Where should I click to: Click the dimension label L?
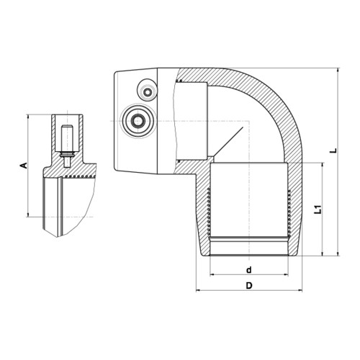click(x=333, y=150)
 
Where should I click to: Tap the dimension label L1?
click(x=318, y=210)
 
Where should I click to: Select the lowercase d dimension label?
click(x=249, y=270)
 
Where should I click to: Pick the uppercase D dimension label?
click(x=249, y=286)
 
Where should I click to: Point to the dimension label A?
click(x=24, y=166)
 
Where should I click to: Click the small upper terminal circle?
click(x=146, y=91)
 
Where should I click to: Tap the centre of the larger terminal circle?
click(x=138, y=121)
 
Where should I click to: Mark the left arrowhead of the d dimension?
click(x=212, y=275)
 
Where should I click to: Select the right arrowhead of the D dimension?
click(x=300, y=291)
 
